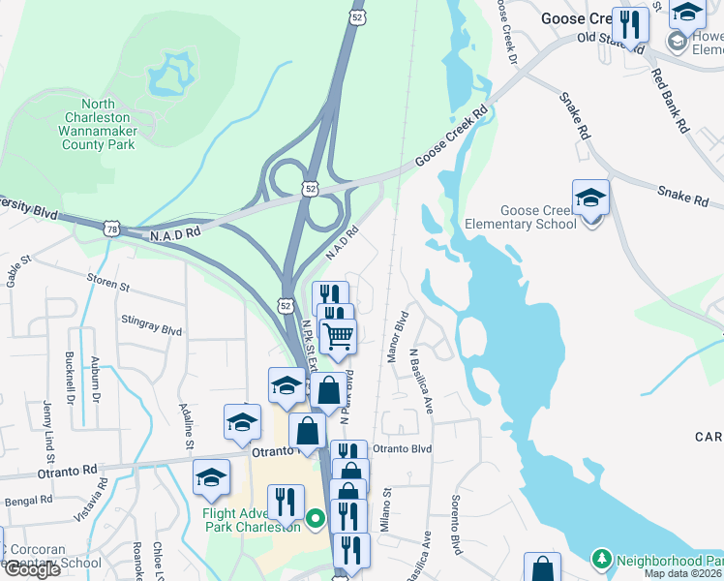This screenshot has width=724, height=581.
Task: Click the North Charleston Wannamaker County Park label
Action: (97, 124)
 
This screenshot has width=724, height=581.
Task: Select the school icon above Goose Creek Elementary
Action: (590, 199)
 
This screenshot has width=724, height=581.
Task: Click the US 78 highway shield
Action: (112, 228)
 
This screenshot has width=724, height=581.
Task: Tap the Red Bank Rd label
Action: (669, 100)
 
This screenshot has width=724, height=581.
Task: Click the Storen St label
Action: (107, 286)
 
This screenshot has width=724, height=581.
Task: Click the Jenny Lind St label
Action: (45, 426)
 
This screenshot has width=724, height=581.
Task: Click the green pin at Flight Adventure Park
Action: (315, 520)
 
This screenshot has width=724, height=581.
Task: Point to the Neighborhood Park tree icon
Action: (601, 560)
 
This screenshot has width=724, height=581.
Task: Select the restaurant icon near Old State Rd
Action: (630, 24)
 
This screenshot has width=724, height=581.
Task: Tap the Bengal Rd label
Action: (27, 501)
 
